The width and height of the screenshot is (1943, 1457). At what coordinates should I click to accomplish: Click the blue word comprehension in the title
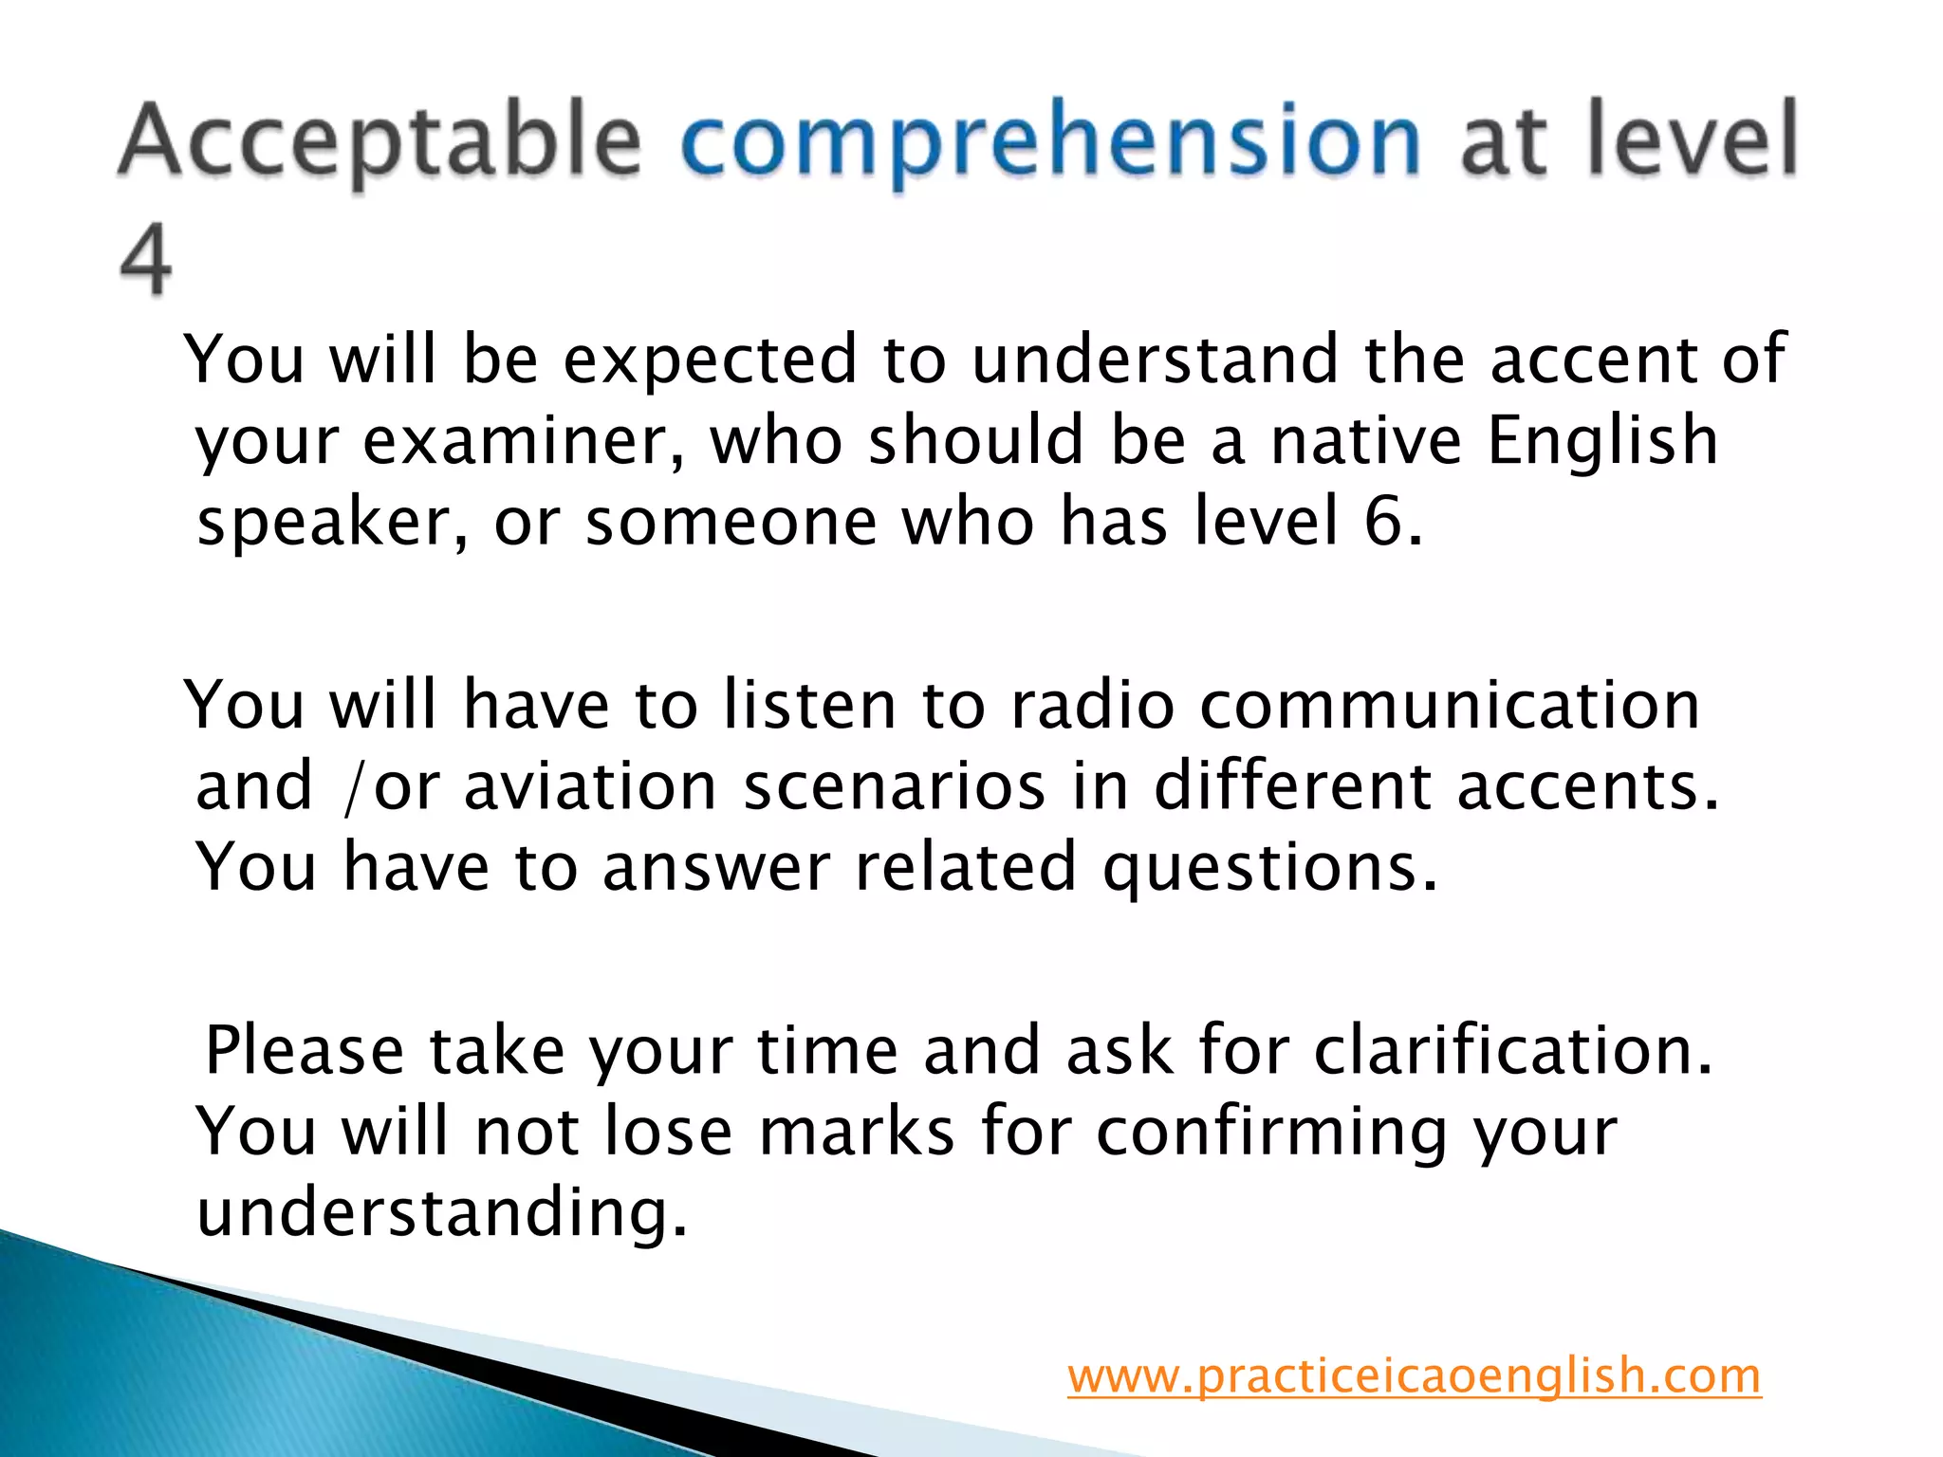[1050, 142]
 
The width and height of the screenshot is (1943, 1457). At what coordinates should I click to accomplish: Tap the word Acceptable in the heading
[379, 142]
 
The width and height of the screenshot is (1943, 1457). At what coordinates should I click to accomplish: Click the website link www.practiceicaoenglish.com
[1414, 1375]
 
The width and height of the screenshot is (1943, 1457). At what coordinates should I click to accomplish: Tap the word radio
[1092, 706]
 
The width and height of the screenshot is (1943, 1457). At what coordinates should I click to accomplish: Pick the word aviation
[589, 787]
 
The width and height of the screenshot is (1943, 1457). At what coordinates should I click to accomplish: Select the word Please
[305, 1051]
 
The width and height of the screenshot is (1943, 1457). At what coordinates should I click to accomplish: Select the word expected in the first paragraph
[711, 360]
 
